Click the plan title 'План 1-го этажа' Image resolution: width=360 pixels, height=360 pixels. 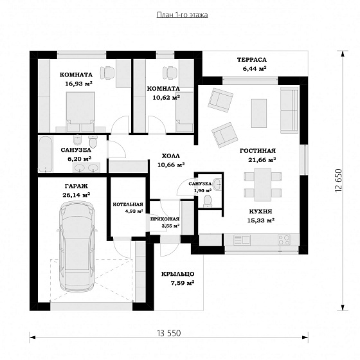tap(183, 15)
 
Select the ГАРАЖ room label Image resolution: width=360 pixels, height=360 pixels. tap(76, 186)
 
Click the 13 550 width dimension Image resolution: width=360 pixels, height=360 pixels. tap(169, 333)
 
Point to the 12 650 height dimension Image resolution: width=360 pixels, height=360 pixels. tap(338, 181)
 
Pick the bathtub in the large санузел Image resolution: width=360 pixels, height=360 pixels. tap(46, 154)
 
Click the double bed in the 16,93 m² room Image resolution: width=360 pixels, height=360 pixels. tap(80, 112)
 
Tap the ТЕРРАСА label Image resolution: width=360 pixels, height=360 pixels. tap(252, 60)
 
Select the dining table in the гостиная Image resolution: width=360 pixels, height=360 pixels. tap(263, 185)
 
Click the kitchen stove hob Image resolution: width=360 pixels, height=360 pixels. tap(284, 240)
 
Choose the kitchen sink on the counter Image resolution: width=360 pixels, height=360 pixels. tap(242, 240)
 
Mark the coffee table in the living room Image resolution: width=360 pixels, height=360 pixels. tap(259, 113)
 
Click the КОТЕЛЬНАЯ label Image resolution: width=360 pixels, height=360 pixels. tap(128, 204)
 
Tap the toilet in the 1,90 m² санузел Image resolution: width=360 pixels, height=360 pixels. tap(208, 201)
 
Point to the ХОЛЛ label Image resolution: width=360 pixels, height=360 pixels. tap(171, 156)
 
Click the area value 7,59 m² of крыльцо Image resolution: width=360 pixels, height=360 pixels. tap(183, 283)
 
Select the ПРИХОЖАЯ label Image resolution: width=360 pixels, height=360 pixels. tap(165, 219)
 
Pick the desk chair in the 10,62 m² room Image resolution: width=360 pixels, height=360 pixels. tap(170, 73)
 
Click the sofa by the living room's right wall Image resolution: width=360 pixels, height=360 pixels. tap(289, 110)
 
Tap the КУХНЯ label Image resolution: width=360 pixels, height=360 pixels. tap(260, 212)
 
